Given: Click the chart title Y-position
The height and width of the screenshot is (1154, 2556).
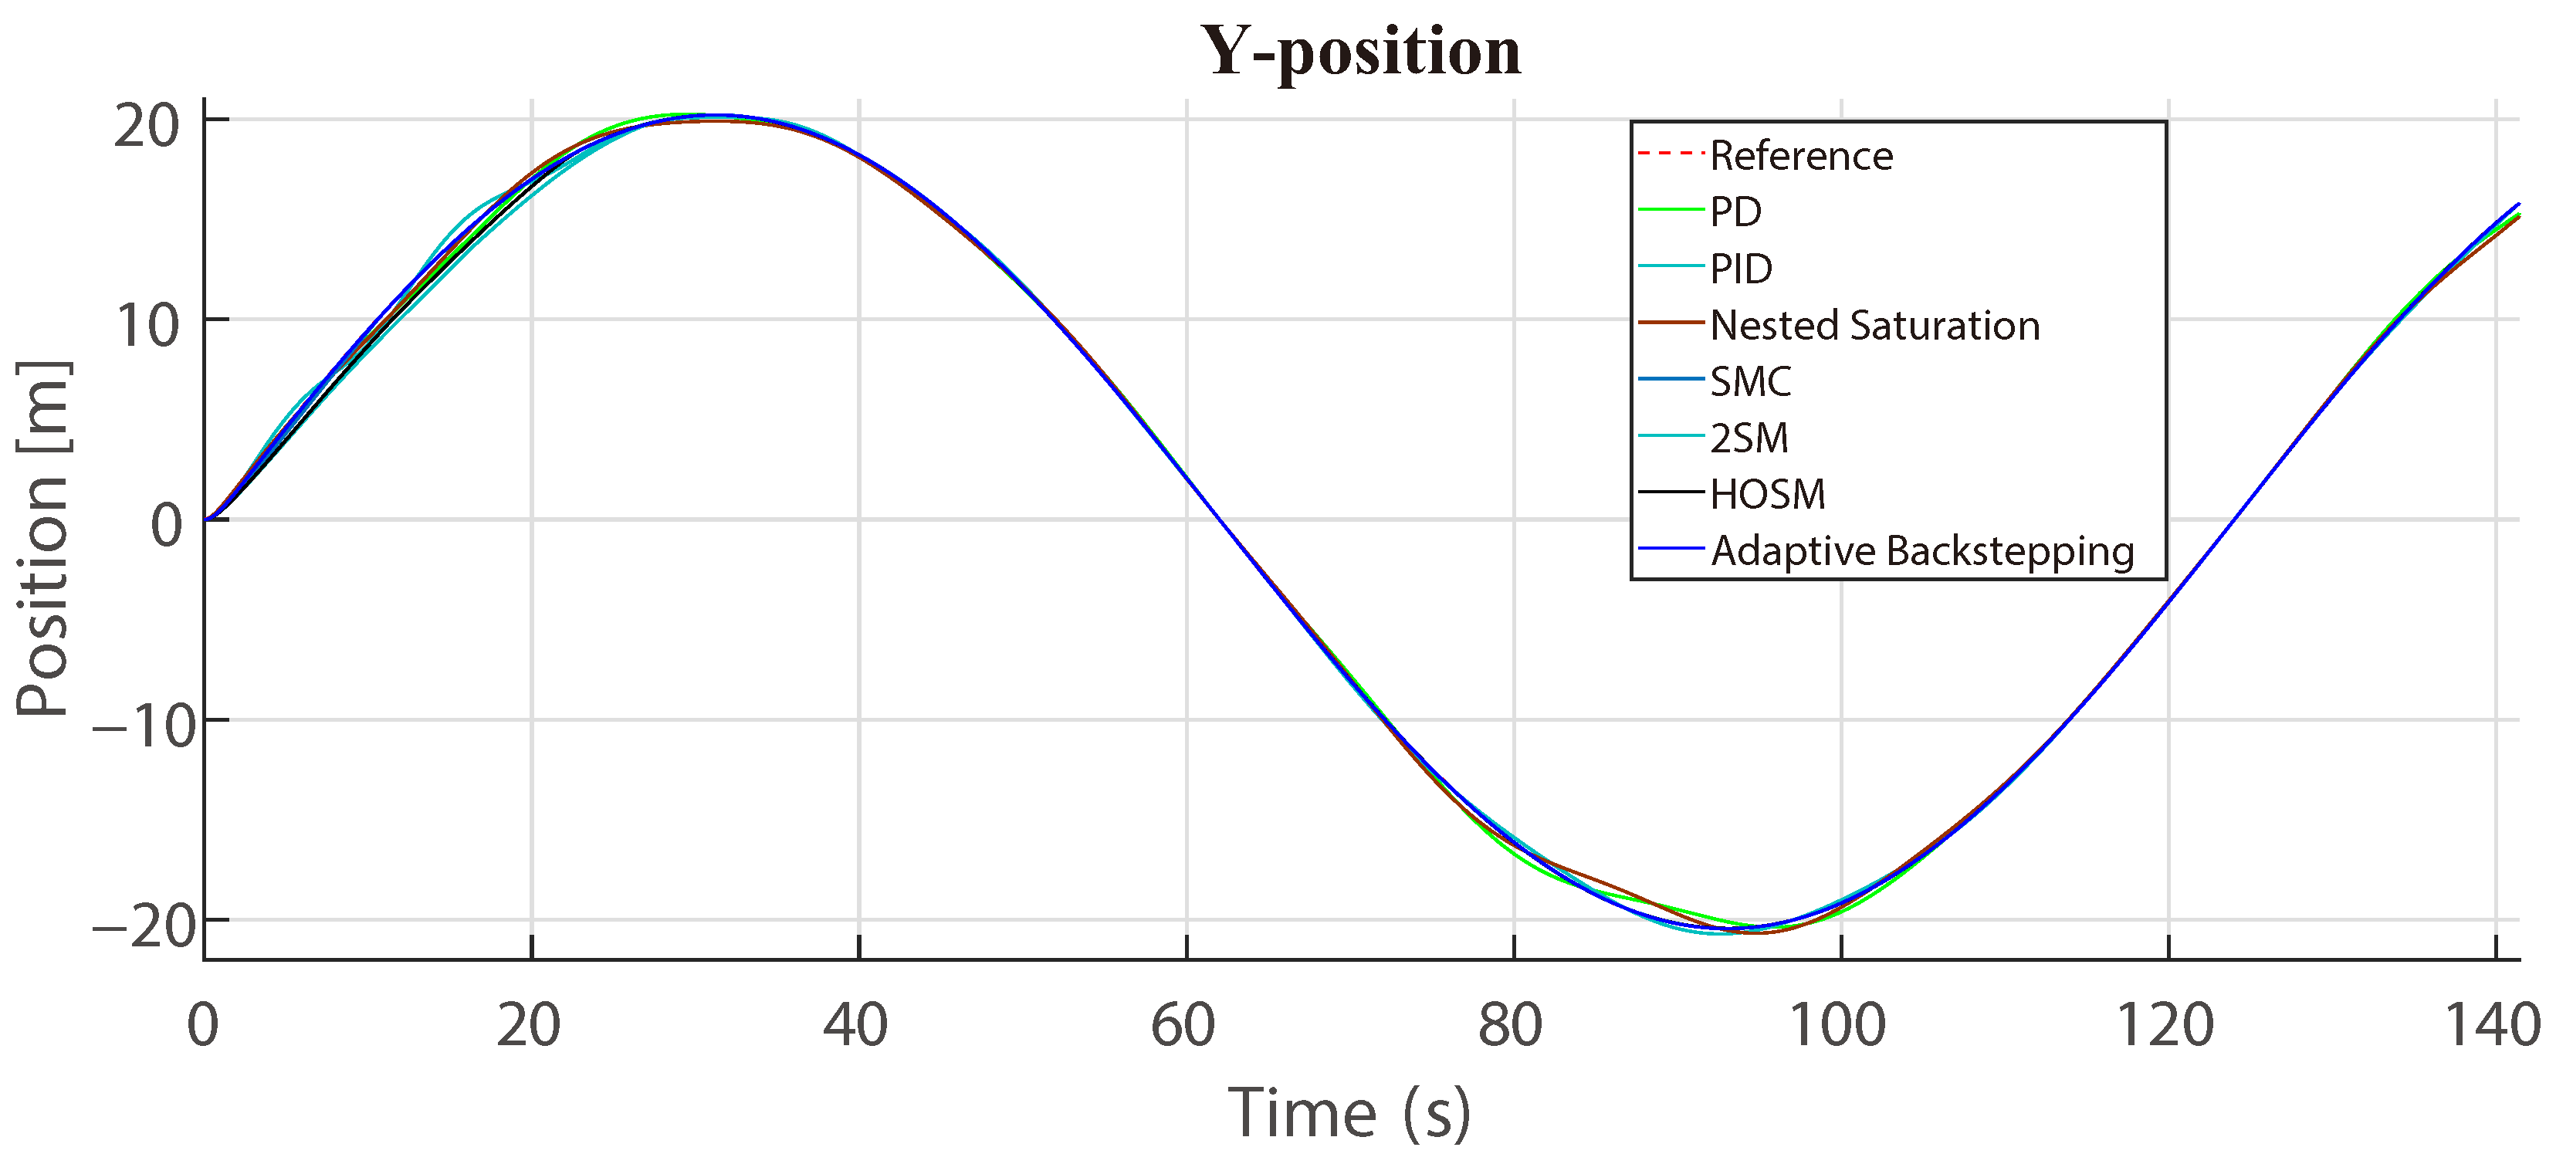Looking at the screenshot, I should tap(1360, 52).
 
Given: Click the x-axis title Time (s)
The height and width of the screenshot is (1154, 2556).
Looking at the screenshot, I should tap(1349, 1112).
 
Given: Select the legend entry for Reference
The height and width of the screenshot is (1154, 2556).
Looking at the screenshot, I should tap(1801, 156).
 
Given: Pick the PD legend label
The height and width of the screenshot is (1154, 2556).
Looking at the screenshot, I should tap(1735, 212).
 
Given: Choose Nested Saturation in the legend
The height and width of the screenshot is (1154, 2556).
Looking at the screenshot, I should tap(1874, 326).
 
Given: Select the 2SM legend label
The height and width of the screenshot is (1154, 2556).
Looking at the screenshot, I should tap(1749, 438).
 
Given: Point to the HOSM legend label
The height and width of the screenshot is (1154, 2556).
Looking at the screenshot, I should tap(1767, 494).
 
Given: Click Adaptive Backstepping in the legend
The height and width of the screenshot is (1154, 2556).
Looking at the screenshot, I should tap(1922, 550).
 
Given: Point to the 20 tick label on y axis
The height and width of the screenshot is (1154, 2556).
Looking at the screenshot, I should tap(146, 126).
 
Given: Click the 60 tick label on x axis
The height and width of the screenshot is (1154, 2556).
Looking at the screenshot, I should tap(1183, 1025).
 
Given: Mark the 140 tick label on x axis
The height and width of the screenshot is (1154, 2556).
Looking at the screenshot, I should tap(2491, 1025).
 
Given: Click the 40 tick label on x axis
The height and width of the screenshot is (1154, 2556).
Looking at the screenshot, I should tap(855, 1025).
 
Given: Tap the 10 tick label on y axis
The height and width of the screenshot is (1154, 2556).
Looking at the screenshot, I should tap(146, 326).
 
